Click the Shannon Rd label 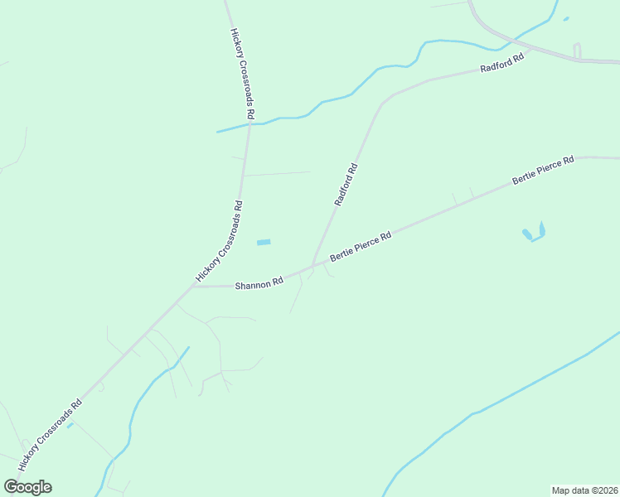tap(259, 284)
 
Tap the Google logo tap(27, 487)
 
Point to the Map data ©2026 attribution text tap(584, 490)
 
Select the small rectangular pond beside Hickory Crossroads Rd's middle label tap(264, 242)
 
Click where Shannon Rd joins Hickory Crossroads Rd tap(193, 287)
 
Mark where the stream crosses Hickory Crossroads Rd tap(249, 124)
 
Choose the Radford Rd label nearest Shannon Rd tap(346, 184)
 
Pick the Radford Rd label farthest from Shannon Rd tap(503, 65)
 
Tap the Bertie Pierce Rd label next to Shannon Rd tap(361, 247)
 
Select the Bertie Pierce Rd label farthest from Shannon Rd tap(543, 170)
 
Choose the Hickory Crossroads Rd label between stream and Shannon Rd tap(220, 241)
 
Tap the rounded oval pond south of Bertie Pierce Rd tap(527, 234)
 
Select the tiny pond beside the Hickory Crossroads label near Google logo tap(70, 426)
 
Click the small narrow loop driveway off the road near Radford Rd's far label tap(577, 51)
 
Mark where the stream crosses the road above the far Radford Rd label tap(517, 38)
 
